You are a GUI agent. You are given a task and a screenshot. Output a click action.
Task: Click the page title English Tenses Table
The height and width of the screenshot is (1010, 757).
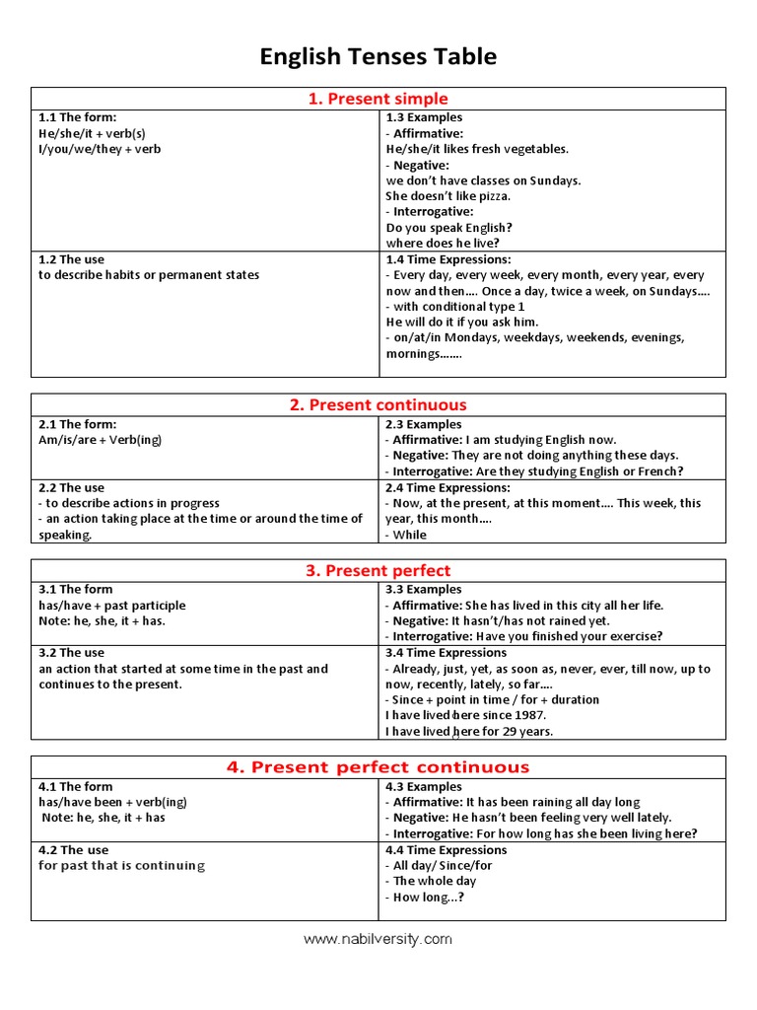(378, 57)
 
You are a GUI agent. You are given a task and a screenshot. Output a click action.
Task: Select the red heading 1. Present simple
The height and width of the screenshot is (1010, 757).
(378, 99)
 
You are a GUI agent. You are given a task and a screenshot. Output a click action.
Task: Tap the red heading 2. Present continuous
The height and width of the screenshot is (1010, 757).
(378, 404)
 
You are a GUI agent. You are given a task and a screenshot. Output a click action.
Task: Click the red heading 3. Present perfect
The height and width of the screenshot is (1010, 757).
(378, 570)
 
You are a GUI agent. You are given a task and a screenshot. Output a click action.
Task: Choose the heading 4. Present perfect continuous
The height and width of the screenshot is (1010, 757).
(378, 766)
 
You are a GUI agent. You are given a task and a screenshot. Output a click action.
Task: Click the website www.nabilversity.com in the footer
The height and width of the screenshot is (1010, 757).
(378, 939)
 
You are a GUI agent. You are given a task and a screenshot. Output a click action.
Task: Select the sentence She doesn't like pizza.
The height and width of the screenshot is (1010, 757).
(448, 196)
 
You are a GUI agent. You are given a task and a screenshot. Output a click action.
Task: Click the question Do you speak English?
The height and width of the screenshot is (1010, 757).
(449, 227)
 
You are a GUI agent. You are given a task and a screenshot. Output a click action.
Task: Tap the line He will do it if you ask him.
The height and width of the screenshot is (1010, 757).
(462, 322)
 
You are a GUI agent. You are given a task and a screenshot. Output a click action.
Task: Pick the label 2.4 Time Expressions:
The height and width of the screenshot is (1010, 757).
(448, 487)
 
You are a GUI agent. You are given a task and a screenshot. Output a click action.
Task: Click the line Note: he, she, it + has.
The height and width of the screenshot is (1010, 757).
(103, 621)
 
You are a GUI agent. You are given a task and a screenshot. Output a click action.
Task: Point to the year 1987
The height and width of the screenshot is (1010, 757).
(529, 715)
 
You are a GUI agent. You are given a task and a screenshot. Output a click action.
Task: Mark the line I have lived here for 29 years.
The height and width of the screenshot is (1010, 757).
(469, 731)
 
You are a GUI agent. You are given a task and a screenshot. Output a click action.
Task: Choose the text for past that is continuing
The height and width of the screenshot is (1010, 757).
(122, 865)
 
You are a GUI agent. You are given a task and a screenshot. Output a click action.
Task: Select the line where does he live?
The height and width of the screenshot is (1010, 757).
(443, 243)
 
